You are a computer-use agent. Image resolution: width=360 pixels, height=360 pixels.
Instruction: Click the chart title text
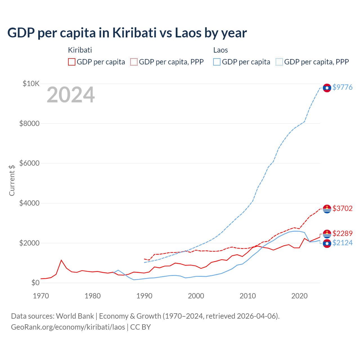[127, 33]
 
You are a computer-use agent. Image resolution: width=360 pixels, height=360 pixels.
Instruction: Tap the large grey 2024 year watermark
[71, 95]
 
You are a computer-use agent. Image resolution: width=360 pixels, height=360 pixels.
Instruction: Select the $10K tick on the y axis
[31, 84]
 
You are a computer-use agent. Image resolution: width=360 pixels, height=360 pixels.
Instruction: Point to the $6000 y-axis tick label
[29, 163]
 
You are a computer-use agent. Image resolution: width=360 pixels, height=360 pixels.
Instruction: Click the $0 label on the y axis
[35, 283]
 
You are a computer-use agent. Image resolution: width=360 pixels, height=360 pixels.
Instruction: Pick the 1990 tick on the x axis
[144, 296]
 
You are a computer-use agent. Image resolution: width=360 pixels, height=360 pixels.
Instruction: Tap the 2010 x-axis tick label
[247, 296]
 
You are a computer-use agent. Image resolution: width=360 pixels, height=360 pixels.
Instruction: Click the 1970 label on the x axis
[41, 296]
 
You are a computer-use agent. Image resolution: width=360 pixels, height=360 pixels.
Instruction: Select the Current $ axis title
[12, 180]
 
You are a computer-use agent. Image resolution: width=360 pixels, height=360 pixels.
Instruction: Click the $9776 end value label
[342, 87]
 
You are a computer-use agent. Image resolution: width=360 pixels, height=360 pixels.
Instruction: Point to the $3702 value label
[342, 208]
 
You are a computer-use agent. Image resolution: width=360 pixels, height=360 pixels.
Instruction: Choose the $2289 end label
[342, 233]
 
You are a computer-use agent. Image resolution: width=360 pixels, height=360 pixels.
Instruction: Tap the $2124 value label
[342, 243]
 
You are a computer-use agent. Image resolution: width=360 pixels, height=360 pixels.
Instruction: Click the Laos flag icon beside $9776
[327, 88]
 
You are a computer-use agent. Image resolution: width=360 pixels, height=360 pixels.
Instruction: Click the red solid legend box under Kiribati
[72, 62]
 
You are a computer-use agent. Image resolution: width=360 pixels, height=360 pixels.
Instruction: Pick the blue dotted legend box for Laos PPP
[279, 62]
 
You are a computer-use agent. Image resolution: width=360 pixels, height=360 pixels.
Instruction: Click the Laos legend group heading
[220, 50]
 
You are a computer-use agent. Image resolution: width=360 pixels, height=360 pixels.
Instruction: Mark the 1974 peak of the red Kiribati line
[61, 260]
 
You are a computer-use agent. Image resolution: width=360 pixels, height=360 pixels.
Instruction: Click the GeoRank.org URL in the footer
[68, 327]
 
